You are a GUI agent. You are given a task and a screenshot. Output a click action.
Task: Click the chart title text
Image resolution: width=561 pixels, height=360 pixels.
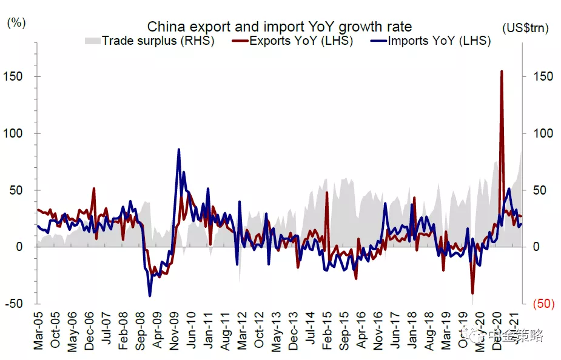coord(280,27)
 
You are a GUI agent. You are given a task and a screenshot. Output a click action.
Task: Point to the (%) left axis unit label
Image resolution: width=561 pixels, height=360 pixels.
coord(16,23)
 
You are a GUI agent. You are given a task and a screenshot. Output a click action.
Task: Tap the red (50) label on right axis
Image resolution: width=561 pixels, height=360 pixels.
coord(543,304)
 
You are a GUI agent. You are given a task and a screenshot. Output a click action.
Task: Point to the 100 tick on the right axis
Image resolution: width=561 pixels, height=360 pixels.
coord(543,133)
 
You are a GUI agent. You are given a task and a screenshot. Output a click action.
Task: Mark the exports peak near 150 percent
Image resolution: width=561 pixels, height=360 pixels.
coord(501,72)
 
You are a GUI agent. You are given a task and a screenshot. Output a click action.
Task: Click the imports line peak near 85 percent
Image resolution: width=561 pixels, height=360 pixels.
coord(179,149)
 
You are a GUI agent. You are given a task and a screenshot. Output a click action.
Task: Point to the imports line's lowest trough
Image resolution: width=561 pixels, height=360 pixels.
coord(150,296)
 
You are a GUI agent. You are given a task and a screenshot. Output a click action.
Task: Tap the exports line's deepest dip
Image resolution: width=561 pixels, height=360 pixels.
coord(472,293)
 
